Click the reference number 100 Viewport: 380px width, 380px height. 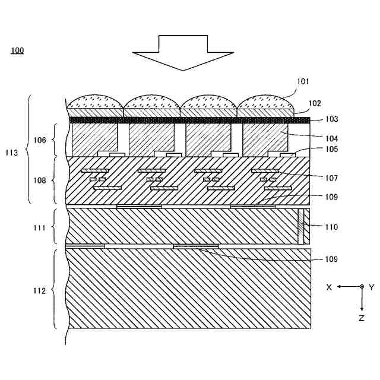pos(17,50)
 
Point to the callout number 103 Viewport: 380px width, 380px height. pos(331,119)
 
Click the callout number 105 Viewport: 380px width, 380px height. pos(331,149)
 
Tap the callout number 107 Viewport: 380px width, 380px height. pos(331,178)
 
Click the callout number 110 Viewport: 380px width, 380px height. pos(331,227)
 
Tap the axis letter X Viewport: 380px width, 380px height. pos(328,287)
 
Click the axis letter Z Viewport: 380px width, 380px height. pos(362,318)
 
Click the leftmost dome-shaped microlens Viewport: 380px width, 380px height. pos(96,102)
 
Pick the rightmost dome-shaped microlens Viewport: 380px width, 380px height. pos(265,102)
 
